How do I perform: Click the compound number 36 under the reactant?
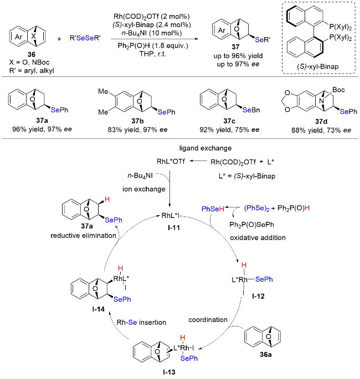coord(31,54)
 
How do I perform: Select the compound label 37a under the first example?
coord(42,121)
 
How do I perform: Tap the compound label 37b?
coord(137,121)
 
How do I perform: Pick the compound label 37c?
coord(229,121)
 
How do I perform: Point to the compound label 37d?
coord(321,121)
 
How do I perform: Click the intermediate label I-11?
coord(174,227)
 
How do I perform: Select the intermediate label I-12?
coord(258,296)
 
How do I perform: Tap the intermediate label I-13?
coord(169,372)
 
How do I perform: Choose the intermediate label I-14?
coord(99,309)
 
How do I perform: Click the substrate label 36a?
coord(265,355)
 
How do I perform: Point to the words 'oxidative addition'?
coord(258,238)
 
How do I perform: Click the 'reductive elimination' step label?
coord(84,236)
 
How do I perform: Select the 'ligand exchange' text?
coord(205,148)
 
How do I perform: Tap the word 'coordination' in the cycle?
coord(208,320)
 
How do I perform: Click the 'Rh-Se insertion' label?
coord(141,323)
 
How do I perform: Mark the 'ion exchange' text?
coord(143,189)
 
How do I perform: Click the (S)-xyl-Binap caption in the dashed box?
coord(318,67)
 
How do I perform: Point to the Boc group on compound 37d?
coord(338,90)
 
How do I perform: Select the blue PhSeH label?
coord(213,209)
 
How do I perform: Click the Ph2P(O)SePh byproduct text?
coord(251,225)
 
